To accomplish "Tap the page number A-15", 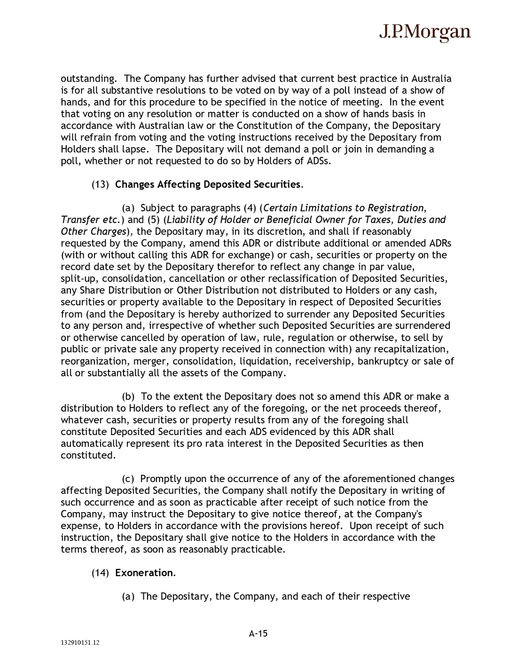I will point(258,633).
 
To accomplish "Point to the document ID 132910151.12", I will point(79,643).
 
